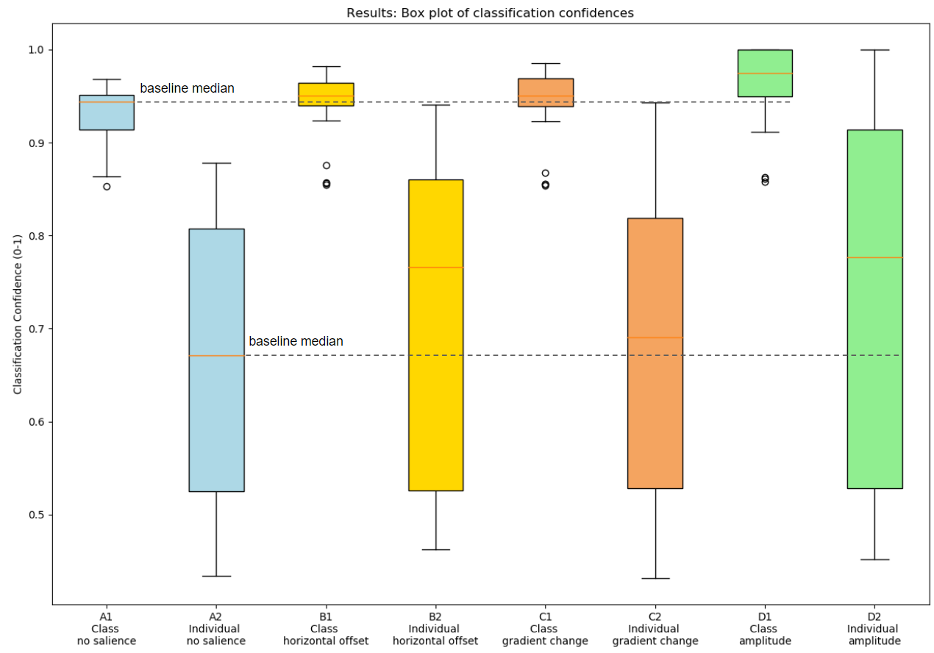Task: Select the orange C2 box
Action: (x=655, y=412)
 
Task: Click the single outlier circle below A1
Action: (x=107, y=187)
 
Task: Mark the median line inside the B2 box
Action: (x=435, y=268)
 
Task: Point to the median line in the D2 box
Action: (x=874, y=257)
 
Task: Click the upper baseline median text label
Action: (x=187, y=89)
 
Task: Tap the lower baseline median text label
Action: (x=296, y=342)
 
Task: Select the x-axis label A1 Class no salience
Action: (x=107, y=629)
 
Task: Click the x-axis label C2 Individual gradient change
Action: (x=655, y=629)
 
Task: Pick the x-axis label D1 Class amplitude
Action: (x=765, y=629)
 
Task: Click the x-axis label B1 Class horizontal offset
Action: (x=326, y=629)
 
